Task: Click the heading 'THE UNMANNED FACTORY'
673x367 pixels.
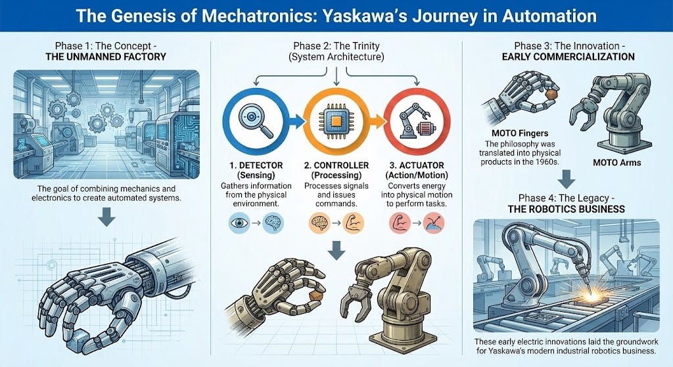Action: [106, 57]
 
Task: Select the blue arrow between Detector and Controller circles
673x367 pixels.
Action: [296, 120]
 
